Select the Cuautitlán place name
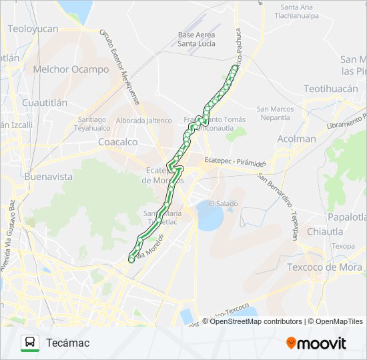point(45,103)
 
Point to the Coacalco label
point(117,142)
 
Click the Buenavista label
point(48,177)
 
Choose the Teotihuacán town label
point(331,89)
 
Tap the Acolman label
point(296,139)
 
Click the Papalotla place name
point(346,217)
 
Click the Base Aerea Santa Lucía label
point(196,39)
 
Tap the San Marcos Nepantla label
point(275,113)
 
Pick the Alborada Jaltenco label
point(143,121)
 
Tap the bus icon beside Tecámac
point(30,343)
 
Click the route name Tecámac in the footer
point(67,343)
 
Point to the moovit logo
point(316,343)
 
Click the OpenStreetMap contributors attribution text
point(255,321)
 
